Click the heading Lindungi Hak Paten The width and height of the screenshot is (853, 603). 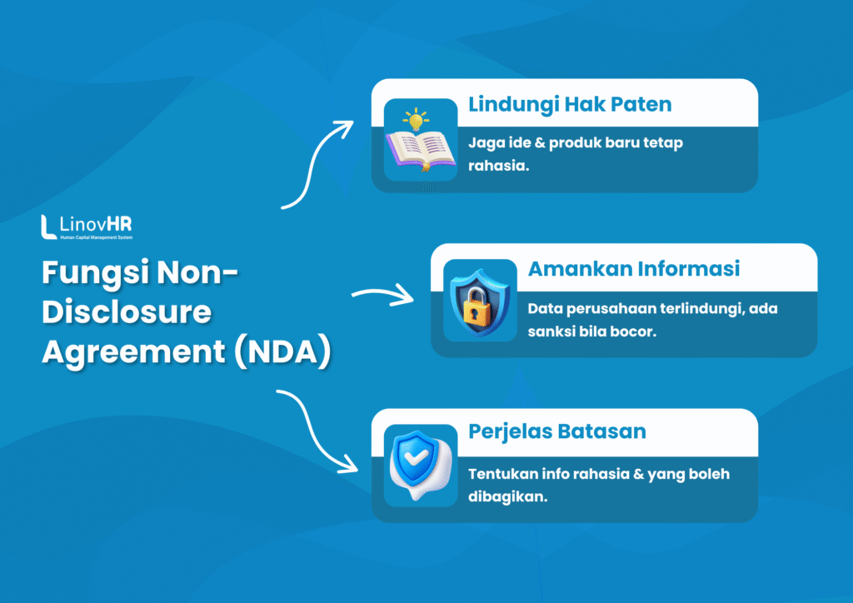pos(570,105)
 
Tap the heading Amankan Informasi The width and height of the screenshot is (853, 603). pos(633,269)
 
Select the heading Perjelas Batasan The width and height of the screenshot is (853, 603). pos(557,432)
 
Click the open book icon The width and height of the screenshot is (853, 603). pos(421,152)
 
